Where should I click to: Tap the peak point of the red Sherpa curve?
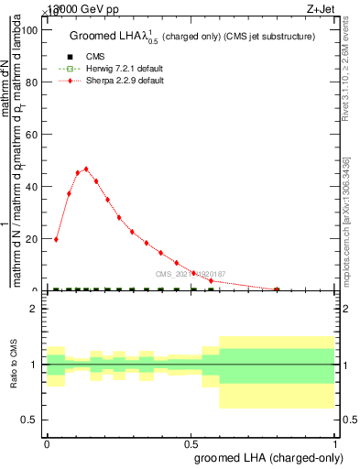[x=86, y=169]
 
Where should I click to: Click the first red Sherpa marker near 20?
[x=57, y=239]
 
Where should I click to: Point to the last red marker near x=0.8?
[x=277, y=289]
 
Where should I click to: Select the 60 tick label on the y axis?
[x=32, y=135]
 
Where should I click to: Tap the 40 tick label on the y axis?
[x=32, y=187]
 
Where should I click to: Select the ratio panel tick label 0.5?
[x=29, y=420]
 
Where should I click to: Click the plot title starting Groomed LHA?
[x=192, y=37]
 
